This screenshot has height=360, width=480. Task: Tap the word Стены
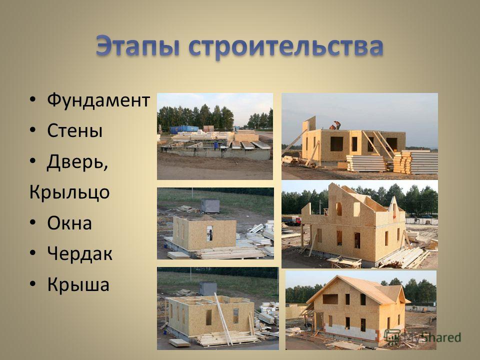click(74, 130)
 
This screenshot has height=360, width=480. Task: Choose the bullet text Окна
click(69, 223)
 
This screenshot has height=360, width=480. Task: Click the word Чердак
click(80, 254)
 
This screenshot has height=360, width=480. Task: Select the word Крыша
click(78, 284)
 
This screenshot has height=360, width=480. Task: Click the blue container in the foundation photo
click(184, 129)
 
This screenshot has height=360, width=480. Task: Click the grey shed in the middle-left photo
click(210, 206)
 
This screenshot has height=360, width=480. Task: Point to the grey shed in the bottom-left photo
click(208, 288)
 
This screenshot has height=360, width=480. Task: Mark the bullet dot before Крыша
click(33, 284)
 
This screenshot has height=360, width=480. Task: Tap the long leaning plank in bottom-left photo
click(224, 319)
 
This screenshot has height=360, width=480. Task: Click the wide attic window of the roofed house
click(330, 299)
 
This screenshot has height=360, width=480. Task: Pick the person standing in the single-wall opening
click(210, 235)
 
